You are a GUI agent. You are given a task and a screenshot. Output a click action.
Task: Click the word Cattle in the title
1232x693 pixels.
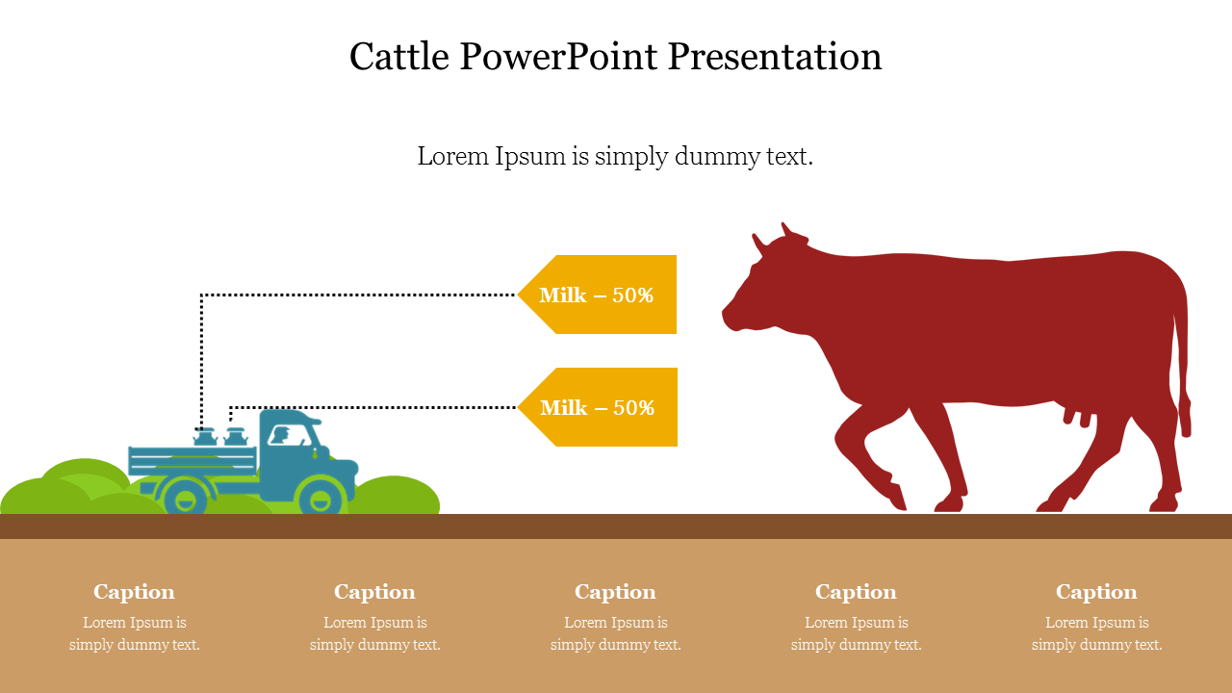(x=398, y=56)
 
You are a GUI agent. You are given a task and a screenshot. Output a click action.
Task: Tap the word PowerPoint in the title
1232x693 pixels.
(x=558, y=56)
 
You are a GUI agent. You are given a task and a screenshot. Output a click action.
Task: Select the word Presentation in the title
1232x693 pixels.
(x=775, y=56)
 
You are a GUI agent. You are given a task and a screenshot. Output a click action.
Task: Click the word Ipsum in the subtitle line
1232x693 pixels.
(x=530, y=156)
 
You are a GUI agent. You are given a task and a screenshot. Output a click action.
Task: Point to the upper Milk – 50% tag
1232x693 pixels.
(x=597, y=295)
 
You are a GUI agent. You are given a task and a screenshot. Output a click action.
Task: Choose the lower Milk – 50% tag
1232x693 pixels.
(x=598, y=407)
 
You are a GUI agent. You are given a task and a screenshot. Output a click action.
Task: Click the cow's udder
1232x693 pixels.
(x=1077, y=415)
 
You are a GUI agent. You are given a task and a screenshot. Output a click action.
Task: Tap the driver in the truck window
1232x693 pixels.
(x=281, y=435)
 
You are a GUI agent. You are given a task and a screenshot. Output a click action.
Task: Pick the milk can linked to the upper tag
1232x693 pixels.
(x=205, y=437)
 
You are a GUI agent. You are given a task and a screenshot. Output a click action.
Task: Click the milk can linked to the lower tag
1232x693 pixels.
(x=236, y=437)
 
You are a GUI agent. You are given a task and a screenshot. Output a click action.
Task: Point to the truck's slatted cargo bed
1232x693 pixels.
(x=192, y=461)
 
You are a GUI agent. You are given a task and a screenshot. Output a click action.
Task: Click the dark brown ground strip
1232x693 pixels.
(x=616, y=526)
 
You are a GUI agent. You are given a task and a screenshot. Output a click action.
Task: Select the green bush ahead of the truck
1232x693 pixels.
(x=395, y=495)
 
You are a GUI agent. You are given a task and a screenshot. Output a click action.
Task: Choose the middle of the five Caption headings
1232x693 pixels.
(x=615, y=592)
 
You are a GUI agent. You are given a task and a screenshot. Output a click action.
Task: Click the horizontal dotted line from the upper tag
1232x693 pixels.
(x=358, y=295)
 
